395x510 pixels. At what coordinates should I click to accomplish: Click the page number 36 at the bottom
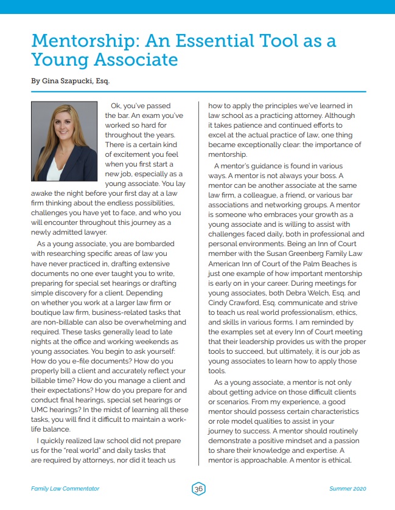pyautogui.click(x=198, y=489)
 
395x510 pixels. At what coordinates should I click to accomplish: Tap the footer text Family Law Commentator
pyautogui.click(x=65, y=489)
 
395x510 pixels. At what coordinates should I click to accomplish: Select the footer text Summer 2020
pyautogui.click(x=348, y=489)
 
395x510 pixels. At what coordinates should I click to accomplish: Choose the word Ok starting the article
pyautogui.click(x=116, y=106)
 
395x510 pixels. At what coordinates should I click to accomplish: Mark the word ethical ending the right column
pyautogui.click(x=338, y=460)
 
